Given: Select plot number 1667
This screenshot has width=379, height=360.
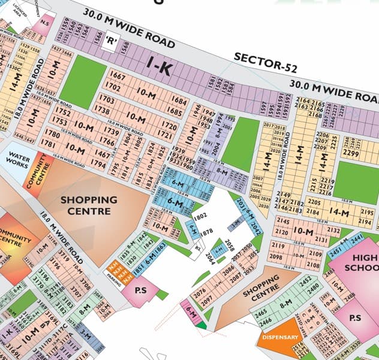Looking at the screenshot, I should tap(119, 77).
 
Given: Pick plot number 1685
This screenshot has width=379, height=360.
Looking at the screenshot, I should tap(175, 111).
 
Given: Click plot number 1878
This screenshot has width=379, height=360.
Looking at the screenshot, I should tap(206, 231).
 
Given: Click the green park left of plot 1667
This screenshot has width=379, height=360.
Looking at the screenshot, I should tap(77, 81).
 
